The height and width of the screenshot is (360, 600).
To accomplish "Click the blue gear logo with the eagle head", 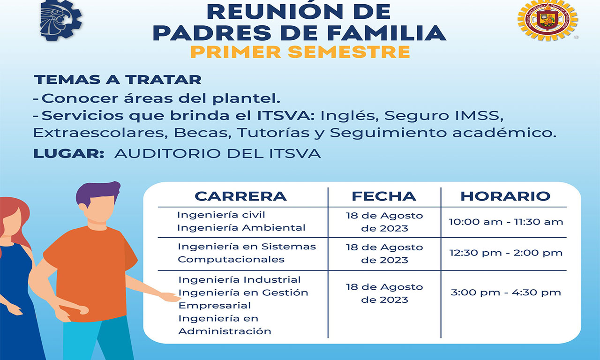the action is (61, 20).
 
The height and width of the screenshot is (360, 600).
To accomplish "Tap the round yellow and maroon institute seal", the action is (548, 20).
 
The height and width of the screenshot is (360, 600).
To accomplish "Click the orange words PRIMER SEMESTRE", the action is (300, 52).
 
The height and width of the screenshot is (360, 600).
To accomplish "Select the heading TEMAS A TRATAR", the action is (118, 80).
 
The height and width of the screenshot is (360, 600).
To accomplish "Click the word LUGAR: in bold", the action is (69, 153).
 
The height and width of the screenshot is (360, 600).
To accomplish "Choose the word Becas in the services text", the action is (202, 133).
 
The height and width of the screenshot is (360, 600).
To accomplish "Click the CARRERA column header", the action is (240, 196).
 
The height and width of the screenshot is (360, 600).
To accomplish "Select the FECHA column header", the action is (384, 196).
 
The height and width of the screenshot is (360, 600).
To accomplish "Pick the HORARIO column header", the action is (505, 196).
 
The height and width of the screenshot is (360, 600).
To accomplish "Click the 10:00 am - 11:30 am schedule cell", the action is (506, 222).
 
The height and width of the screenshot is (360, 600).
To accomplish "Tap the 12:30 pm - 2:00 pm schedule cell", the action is (506, 253).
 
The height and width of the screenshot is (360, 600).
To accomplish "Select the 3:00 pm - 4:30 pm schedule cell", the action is (506, 292).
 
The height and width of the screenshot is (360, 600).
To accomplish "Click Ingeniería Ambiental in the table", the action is (241, 228).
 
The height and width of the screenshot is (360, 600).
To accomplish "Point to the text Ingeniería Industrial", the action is (240, 280).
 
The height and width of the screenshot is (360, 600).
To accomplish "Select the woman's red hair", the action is (16, 220).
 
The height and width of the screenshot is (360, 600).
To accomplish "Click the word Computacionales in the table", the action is (231, 260).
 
